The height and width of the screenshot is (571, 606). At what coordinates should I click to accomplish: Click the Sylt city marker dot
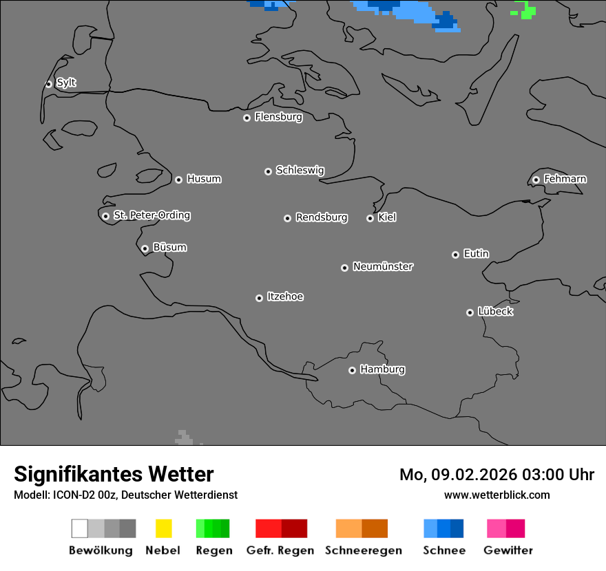pyautogui.click(x=48, y=84)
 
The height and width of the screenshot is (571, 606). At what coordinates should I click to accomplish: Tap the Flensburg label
pyautogui.click(x=278, y=117)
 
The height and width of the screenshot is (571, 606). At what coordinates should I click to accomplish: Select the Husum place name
pyautogui.click(x=204, y=179)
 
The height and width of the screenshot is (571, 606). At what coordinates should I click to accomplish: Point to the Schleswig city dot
pyautogui.click(x=268, y=171)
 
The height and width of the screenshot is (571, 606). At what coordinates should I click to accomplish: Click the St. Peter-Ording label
pyautogui.click(x=151, y=215)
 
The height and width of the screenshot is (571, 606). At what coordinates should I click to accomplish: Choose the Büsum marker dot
pyautogui.click(x=145, y=248)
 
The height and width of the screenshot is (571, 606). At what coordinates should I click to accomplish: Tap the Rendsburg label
pyautogui.click(x=322, y=217)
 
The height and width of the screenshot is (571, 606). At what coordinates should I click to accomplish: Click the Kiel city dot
pyautogui.click(x=370, y=218)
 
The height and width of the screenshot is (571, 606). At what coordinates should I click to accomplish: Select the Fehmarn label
pyautogui.click(x=565, y=179)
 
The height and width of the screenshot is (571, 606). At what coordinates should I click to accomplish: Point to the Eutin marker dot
pyautogui.click(x=455, y=255)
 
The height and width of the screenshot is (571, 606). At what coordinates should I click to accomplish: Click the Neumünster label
pyautogui.click(x=383, y=266)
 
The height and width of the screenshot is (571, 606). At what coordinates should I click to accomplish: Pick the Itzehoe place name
pyautogui.click(x=285, y=297)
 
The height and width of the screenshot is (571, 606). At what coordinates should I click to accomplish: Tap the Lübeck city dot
pyautogui.click(x=470, y=312)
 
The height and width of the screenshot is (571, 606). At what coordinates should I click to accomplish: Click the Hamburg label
pyautogui.click(x=382, y=369)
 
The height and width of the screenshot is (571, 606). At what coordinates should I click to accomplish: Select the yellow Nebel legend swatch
pyautogui.click(x=163, y=528)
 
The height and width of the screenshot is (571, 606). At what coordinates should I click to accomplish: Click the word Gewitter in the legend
pyautogui.click(x=508, y=550)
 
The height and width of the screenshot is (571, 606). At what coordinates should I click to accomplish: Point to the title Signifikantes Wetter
pyautogui.click(x=114, y=474)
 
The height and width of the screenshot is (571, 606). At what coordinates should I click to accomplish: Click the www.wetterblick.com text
pyautogui.click(x=497, y=495)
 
